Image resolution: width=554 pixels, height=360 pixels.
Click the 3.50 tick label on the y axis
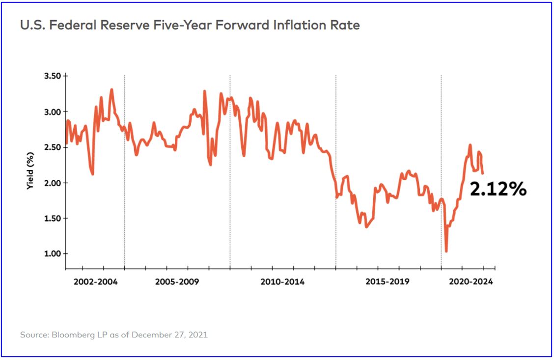click(x=51, y=76)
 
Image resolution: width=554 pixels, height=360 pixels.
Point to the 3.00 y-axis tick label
click(x=51, y=111)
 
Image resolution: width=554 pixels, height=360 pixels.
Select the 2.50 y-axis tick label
click(x=51, y=147)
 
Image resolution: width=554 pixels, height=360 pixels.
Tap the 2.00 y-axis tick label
click(x=51, y=183)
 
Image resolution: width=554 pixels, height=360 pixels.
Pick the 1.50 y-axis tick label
click(x=51, y=219)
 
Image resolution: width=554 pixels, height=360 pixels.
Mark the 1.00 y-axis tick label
click(x=51, y=254)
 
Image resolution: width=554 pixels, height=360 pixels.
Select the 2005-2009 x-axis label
click(x=177, y=282)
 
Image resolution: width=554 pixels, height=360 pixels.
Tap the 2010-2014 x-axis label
click(x=282, y=282)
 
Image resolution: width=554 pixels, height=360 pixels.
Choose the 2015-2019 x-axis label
click(x=388, y=282)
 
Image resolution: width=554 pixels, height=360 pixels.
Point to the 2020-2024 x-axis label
click(x=471, y=282)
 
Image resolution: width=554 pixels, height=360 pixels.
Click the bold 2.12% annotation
click(x=498, y=189)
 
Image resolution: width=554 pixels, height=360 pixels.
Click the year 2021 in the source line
click(x=198, y=335)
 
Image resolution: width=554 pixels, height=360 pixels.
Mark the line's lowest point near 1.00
click(x=446, y=251)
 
